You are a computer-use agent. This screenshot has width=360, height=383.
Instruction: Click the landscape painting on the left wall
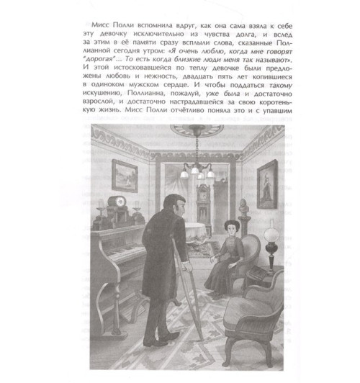coord(125,175)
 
